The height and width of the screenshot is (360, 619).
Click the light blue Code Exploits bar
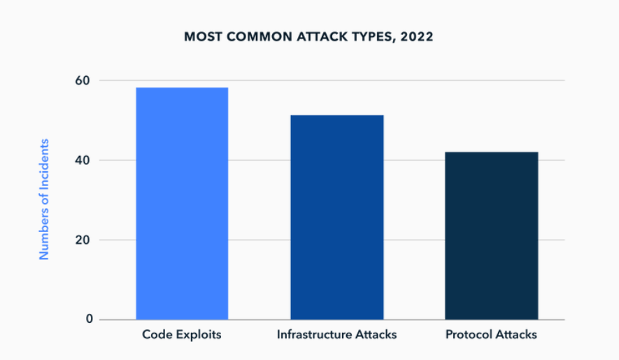pyautogui.click(x=182, y=203)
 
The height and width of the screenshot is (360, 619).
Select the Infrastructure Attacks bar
pyautogui.click(x=337, y=217)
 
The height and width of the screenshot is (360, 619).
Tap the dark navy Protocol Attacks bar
pyautogui.click(x=492, y=236)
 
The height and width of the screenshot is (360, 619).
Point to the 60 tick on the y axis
pyautogui.click(x=83, y=80)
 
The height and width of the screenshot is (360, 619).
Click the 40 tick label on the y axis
pyautogui.click(x=83, y=160)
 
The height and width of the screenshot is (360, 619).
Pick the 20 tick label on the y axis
pyautogui.click(x=83, y=240)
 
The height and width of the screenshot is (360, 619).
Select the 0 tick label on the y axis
pyautogui.click(x=90, y=319)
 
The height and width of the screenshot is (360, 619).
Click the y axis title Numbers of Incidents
pyautogui.click(x=44, y=199)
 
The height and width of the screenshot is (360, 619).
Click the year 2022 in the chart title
pyautogui.click(x=417, y=37)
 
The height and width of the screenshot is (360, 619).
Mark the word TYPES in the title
pyautogui.click(x=375, y=38)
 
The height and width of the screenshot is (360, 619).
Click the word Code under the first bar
pyautogui.click(x=157, y=334)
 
